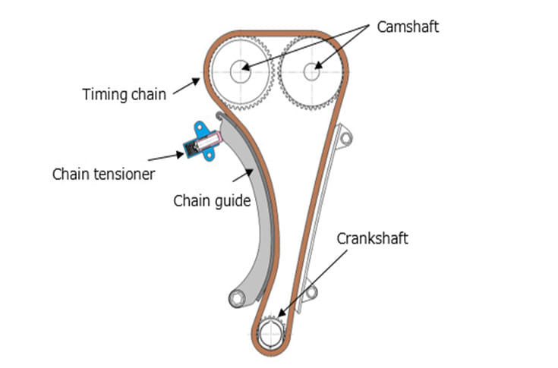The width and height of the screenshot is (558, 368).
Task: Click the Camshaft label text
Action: pos(408,27)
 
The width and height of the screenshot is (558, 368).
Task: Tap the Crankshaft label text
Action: pos(372,238)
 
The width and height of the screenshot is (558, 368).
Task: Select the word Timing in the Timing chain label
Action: pos(102,95)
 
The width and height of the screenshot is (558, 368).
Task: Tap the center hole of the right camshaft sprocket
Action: pos(312,71)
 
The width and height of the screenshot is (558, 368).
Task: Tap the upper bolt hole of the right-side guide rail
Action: pos(346,138)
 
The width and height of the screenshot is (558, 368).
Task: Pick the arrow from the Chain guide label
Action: pos(244,179)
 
